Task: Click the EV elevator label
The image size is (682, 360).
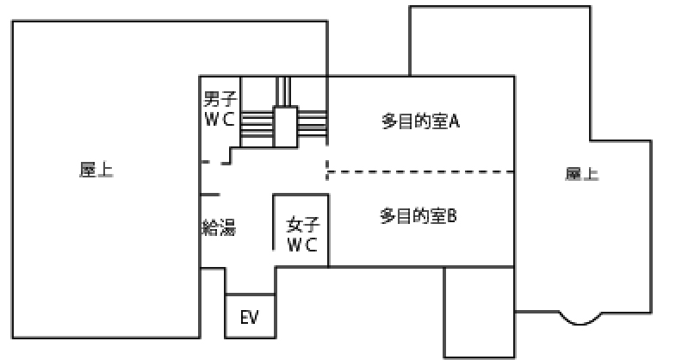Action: click(250, 318)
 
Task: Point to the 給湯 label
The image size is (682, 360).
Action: click(218, 227)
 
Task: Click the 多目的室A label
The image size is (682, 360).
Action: click(421, 121)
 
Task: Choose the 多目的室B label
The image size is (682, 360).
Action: click(418, 215)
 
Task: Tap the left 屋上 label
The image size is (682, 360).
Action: click(96, 171)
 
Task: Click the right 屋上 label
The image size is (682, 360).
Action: click(582, 174)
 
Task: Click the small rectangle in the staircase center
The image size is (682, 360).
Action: click(285, 124)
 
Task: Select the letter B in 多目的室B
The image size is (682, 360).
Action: click(451, 215)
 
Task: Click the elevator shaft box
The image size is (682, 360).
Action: click(251, 317)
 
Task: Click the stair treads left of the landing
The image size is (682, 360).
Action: click(257, 124)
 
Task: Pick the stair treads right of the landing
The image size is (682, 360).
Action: click(312, 124)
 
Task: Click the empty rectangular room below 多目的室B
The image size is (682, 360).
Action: click(479, 312)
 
